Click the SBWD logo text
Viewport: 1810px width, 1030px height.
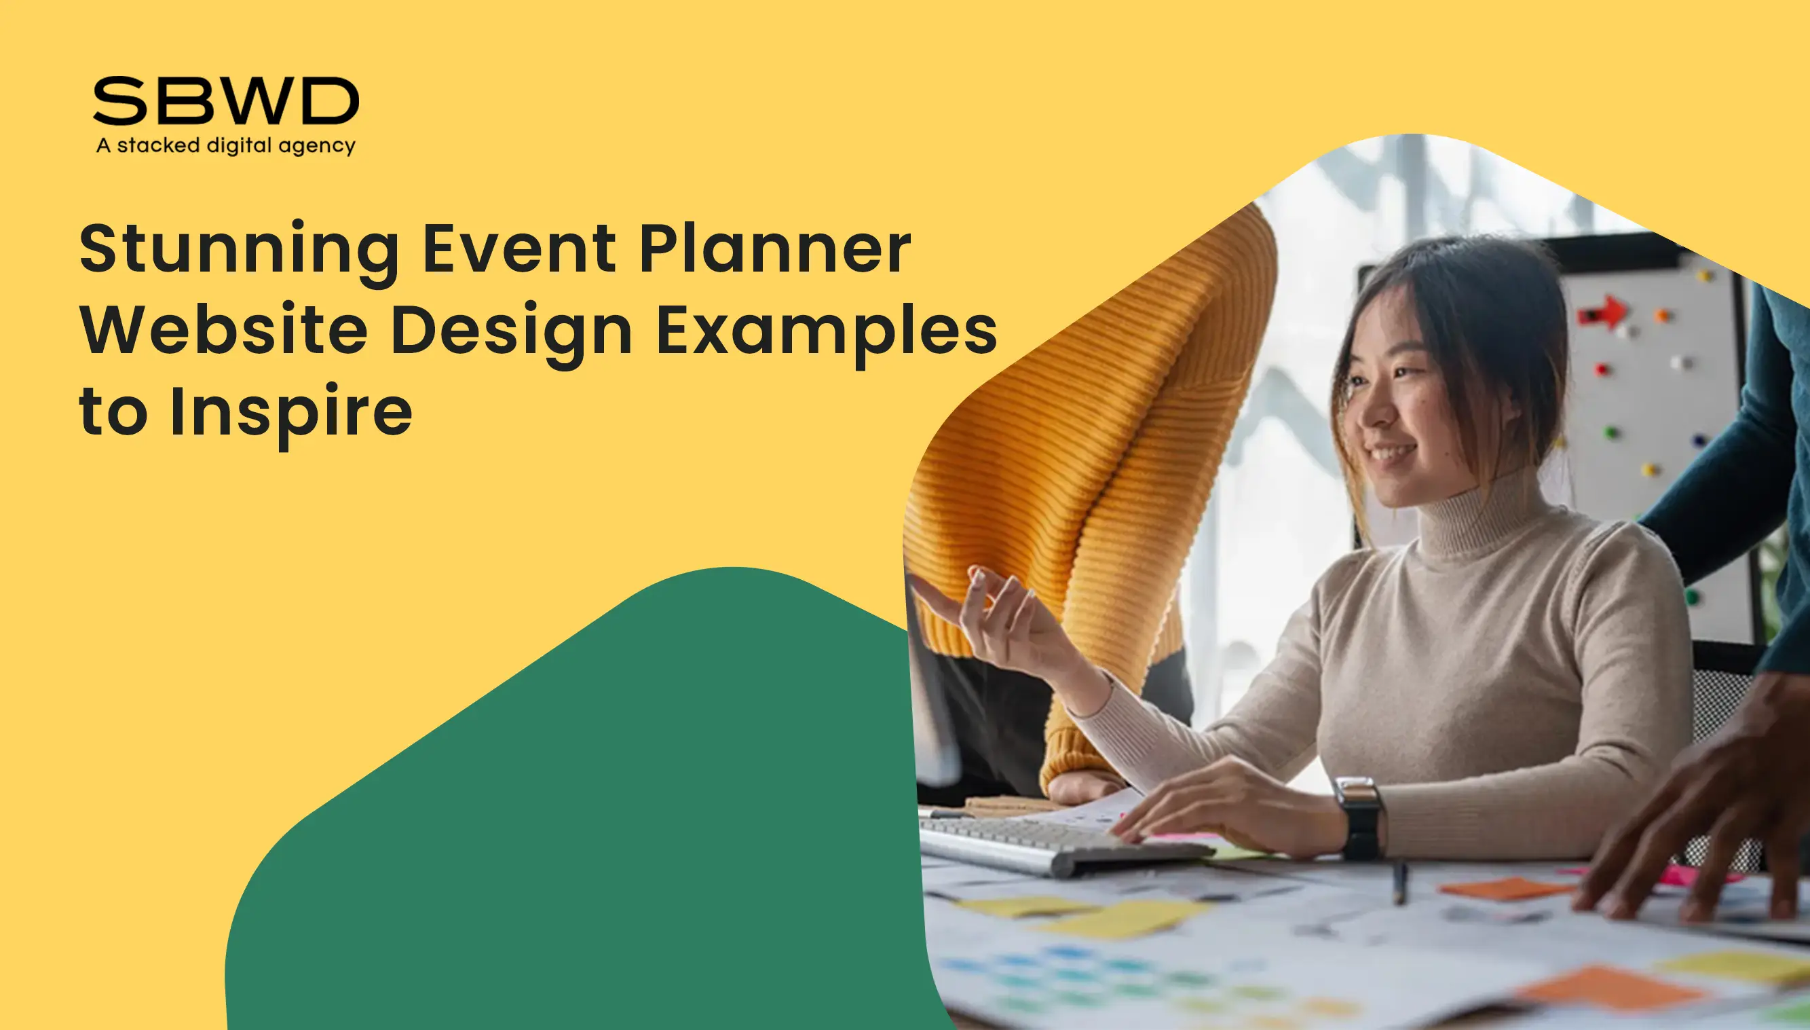point(226,100)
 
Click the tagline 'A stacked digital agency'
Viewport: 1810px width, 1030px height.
point(226,146)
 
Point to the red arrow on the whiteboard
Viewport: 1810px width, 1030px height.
point(1604,311)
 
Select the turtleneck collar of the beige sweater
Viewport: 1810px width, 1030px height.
point(1474,517)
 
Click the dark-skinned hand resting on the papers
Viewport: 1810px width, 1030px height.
point(1697,807)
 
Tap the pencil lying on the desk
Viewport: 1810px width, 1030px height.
point(1399,881)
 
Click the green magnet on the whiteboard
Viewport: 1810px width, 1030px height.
point(1611,432)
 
